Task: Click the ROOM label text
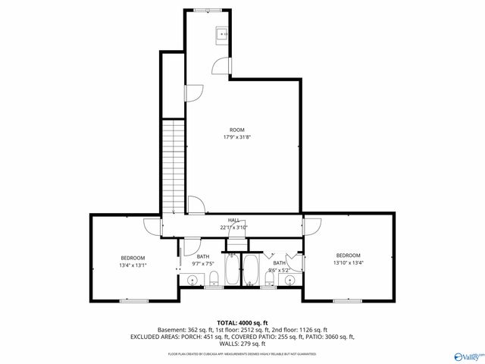tap(237, 130)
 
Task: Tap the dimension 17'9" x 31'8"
tap(237, 137)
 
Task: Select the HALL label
tap(234, 220)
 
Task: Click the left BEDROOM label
tap(133, 258)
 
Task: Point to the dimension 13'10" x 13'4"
tap(349, 263)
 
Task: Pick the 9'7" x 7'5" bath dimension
tap(203, 263)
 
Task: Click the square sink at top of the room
tap(224, 33)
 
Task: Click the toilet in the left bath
tap(214, 278)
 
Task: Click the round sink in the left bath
tap(192, 281)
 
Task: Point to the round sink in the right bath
tap(289, 281)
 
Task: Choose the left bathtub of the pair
tap(232, 271)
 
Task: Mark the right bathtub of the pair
tap(250, 271)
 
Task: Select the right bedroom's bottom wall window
tap(346, 300)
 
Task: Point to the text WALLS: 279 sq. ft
tap(242, 344)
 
